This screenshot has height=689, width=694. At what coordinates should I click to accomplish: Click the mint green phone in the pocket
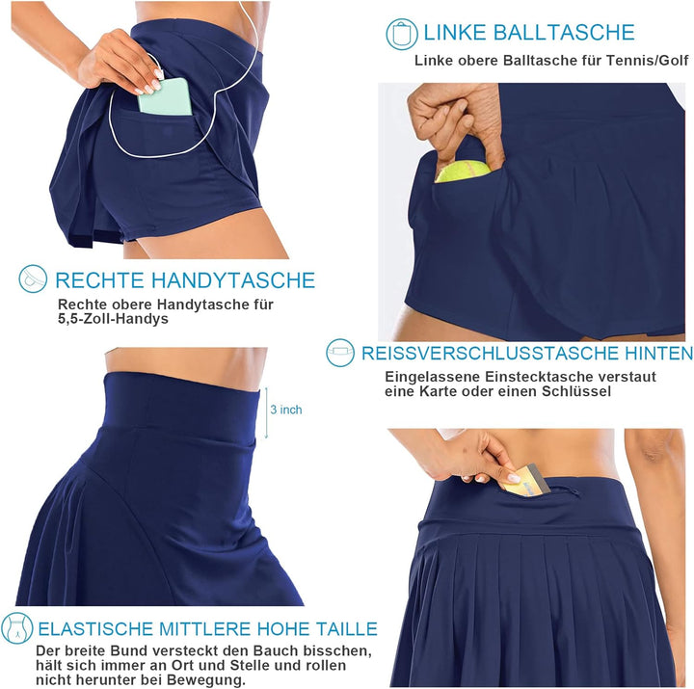[x=165, y=97]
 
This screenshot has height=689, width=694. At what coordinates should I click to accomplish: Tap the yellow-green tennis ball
[x=463, y=172]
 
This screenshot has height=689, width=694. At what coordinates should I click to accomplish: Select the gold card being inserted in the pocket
[x=525, y=481]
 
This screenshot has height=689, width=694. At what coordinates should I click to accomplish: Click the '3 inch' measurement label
[x=286, y=410]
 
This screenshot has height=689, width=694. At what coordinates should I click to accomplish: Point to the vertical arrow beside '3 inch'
[x=266, y=412]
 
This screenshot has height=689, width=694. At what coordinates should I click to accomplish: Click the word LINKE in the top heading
[x=455, y=33]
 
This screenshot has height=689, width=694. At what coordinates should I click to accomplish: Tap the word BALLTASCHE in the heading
[x=564, y=33]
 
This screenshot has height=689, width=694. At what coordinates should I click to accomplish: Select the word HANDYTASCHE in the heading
[x=233, y=280]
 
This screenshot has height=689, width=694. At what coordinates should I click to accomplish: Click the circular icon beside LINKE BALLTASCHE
[x=402, y=34]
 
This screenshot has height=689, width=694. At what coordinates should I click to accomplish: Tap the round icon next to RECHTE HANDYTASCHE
[x=33, y=278]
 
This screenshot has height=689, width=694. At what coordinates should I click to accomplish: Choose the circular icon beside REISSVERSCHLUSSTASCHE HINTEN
[x=340, y=353]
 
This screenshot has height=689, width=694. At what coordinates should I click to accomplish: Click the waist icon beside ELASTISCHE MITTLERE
[x=17, y=628]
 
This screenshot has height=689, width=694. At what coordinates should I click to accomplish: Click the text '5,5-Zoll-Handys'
[x=113, y=319]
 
